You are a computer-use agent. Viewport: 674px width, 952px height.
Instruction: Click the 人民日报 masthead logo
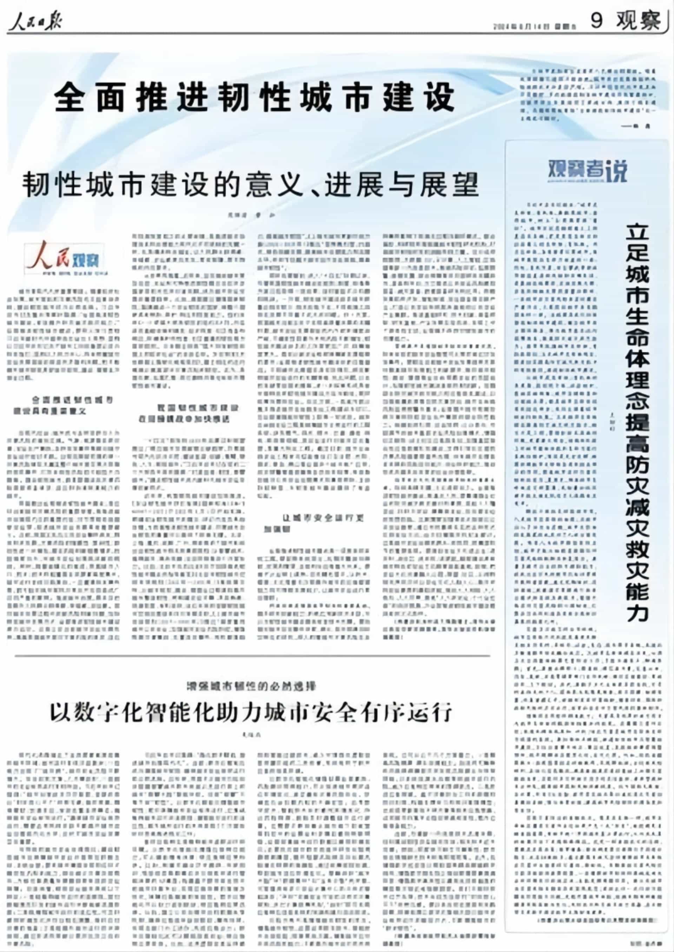(x=35, y=20)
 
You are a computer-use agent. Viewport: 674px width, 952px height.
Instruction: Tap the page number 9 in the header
(x=596, y=20)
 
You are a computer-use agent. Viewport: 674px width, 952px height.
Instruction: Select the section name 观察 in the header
(x=637, y=20)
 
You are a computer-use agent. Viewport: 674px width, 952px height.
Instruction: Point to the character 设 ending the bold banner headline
(x=440, y=98)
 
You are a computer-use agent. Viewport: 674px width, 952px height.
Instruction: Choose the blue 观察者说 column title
(x=587, y=170)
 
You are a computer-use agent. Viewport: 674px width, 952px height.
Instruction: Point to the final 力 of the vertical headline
(x=637, y=612)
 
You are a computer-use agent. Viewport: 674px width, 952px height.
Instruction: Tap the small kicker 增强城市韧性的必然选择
(x=251, y=686)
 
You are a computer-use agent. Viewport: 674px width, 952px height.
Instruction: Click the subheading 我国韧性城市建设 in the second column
(x=189, y=413)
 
